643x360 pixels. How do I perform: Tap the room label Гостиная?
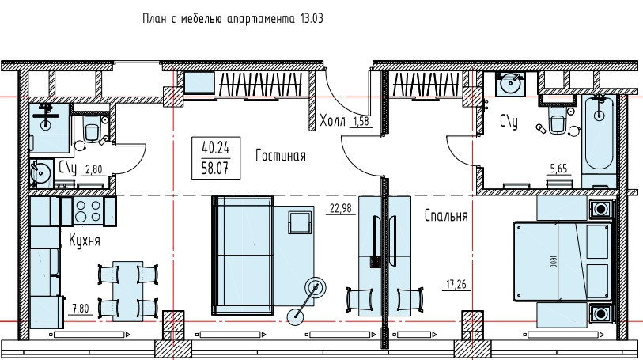280,157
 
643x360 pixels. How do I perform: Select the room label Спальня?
446,215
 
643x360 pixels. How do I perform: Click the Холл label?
332,121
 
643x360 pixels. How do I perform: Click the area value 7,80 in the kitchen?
80,309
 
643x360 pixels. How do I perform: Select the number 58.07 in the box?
217,167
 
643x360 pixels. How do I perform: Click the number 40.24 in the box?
217,147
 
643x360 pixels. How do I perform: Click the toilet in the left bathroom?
91,130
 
